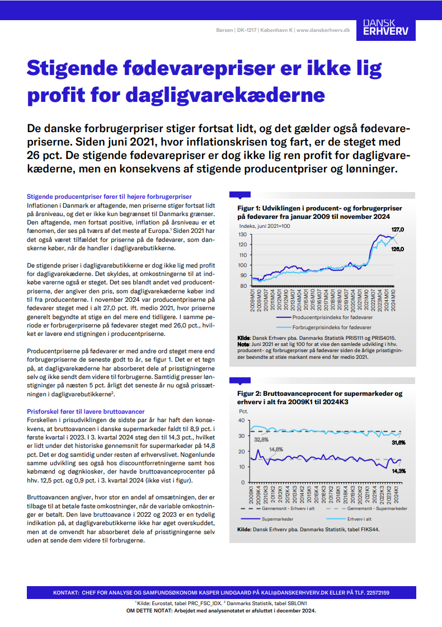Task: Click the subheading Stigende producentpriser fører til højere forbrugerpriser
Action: pos(109,196)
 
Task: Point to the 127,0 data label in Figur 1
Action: pos(398,230)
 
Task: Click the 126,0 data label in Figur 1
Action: pos(398,249)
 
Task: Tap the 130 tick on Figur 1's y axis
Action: pos(242,234)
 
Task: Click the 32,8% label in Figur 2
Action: pos(261,439)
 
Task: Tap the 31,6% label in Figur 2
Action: pos(398,442)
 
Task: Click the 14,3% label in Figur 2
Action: pos(398,471)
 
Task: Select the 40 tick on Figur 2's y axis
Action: pos(241,420)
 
